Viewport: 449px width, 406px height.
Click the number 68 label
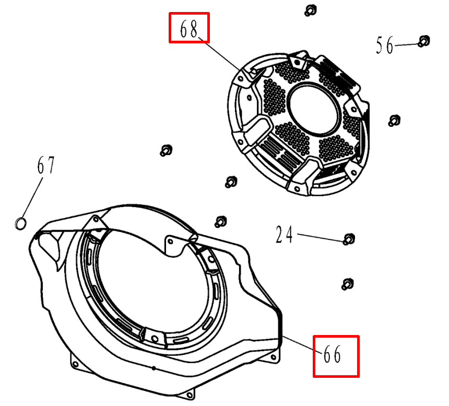point(188,29)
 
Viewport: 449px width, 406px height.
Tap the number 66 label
point(332,354)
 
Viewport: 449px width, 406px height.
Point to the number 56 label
point(385,45)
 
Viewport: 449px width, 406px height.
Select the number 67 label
point(46,165)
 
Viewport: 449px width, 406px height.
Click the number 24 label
point(284,234)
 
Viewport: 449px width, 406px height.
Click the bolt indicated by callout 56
point(424,41)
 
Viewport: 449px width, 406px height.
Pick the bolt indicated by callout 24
point(349,239)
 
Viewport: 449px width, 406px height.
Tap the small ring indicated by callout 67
point(20,224)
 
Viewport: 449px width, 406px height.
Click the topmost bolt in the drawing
point(311,10)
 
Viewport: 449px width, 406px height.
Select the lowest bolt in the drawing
point(348,284)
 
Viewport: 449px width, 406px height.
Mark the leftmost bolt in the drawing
point(166,150)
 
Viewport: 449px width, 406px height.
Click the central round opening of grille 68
point(314,110)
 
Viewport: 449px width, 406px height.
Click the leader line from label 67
point(32,198)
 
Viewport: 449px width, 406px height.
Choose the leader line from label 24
point(320,237)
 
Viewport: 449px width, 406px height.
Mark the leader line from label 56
point(406,45)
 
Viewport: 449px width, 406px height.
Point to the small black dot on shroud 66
point(154,368)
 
